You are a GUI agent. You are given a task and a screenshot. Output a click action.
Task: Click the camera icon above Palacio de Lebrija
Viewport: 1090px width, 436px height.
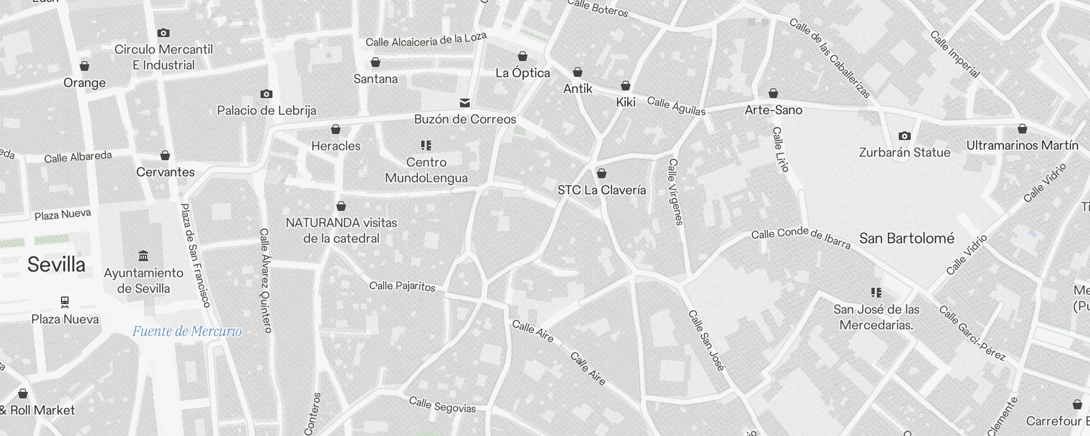(x=266, y=94)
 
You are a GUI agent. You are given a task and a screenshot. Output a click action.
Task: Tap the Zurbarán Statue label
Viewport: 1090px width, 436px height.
(x=904, y=153)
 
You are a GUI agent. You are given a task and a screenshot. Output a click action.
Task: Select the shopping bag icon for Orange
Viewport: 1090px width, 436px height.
(x=84, y=66)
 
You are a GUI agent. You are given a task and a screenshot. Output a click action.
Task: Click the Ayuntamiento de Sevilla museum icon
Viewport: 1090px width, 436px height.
(x=143, y=256)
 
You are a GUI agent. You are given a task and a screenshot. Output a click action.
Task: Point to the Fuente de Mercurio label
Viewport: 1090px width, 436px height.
(x=187, y=331)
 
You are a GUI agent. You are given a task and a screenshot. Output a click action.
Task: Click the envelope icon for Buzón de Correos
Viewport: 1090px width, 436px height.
(x=465, y=102)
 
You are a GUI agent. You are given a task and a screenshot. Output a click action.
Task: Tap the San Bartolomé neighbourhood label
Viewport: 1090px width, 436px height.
(x=906, y=238)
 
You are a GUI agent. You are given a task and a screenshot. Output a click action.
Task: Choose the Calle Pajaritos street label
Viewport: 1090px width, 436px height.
(x=402, y=286)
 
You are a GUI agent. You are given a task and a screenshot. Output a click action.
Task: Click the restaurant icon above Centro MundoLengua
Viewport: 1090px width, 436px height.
(x=426, y=146)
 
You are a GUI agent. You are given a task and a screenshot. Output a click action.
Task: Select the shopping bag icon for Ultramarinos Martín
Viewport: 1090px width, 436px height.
(x=1022, y=129)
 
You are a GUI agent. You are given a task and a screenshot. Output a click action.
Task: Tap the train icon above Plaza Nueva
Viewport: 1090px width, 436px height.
(x=65, y=302)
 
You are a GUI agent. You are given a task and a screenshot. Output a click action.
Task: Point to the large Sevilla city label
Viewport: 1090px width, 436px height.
(x=57, y=265)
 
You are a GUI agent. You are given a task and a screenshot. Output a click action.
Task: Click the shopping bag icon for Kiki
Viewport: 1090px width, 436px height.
(x=625, y=86)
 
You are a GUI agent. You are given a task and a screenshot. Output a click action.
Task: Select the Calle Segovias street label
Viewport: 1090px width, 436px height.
(x=442, y=405)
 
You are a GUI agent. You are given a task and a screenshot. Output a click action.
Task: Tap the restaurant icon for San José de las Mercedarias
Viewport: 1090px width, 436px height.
(x=876, y=293)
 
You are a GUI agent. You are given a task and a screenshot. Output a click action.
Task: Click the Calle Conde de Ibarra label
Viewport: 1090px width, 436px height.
(x=800, y=238)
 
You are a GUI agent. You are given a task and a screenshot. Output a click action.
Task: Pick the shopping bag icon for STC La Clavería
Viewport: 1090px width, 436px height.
(x=601, y=174)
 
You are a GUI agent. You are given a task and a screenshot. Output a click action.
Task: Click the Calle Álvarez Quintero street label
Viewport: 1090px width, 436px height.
(x=265, y=280)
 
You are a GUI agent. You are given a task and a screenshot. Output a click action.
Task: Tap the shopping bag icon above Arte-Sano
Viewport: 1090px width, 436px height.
(x=773, y=94)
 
